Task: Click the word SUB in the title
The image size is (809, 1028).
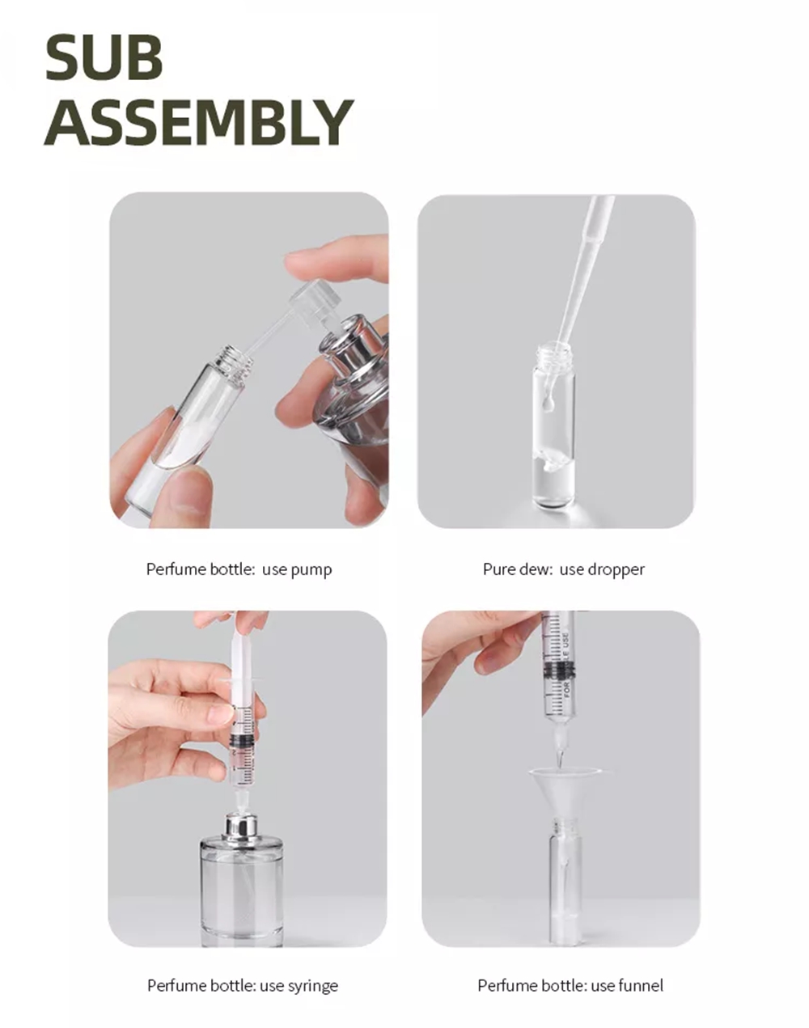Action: pyautogui.click(x=104, y=57)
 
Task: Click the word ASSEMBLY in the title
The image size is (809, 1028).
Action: pyautogui.click(x=199, y=122)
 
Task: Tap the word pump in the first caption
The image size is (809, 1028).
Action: pyautogui.click(x=311, y=569)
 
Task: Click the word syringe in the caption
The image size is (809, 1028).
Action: pyautogui.click(x=312, y=985)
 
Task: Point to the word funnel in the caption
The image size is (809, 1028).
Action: pyautogui.click(x=640, y=985)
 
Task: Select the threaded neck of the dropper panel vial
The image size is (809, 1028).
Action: pyautogui.click(x=554, y=353)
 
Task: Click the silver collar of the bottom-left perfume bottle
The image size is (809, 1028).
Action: pyautogui.click(x=240, y=827)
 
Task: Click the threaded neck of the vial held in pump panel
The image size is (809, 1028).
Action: pyautogui.click(x=231, y=355)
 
